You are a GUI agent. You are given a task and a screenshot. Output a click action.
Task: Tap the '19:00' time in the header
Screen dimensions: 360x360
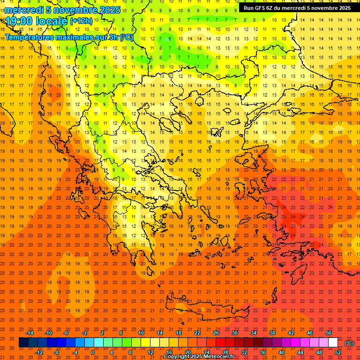(19, 21)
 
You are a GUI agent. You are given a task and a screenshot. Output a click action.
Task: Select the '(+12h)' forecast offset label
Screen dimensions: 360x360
(81, 21)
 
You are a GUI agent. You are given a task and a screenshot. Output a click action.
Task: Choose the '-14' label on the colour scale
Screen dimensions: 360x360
(30, 333)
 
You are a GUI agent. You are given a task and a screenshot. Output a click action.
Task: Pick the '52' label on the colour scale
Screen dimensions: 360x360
(338, 352)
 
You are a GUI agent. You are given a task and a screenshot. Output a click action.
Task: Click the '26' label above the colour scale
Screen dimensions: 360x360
(216, 333)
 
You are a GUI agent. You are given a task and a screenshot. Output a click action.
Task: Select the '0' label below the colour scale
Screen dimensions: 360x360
(93, 352)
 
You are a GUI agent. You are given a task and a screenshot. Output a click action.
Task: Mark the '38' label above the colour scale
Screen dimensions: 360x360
(272, 333)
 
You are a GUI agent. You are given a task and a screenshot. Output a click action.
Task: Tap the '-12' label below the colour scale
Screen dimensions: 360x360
(39, 352)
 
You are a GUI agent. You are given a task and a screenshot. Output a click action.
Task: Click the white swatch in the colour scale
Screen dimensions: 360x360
(333, 343)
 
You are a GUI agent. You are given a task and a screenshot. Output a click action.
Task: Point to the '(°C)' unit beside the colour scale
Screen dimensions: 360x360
(349, 343)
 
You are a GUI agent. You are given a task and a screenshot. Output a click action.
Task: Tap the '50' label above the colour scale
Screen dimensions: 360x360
(329, 333)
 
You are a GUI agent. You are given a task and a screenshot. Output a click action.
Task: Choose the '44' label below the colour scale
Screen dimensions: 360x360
(300, 352)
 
